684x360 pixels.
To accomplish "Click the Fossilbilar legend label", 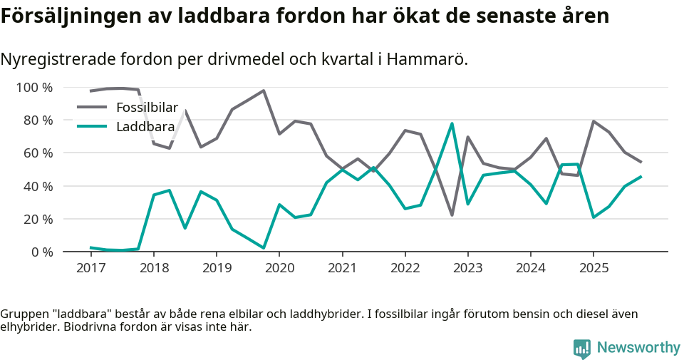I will (x=147, y=108).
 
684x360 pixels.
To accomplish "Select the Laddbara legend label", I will (x=145, y=127).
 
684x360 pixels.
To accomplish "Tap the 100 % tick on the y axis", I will (x=34, y=88).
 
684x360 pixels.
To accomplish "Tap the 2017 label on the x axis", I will (x=90, y=268).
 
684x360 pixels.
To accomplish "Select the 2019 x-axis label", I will (x=216, y=268).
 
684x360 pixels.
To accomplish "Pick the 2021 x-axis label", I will (x=342, y=268).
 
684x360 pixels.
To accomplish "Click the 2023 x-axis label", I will (x=467, y=268).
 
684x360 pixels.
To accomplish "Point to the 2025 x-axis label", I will (x=593, y=268).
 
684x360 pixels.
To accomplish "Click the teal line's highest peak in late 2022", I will (x=452, y=123).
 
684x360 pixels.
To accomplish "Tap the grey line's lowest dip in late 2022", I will (x=452, y=215).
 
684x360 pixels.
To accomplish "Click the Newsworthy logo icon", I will (x=581, y=348).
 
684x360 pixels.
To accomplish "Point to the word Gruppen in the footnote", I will (x=23, y=314).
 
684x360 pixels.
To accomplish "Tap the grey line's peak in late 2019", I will (x=264, y=91).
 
